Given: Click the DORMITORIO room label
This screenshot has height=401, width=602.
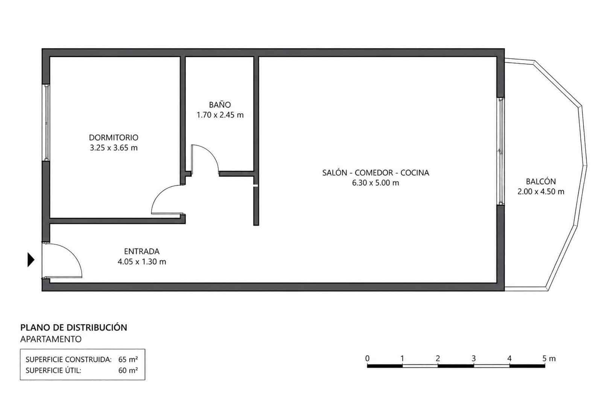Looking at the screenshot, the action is coord(114,138).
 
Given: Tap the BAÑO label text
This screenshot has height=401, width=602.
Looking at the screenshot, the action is coord(220,104).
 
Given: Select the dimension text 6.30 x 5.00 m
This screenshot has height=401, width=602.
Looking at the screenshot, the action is coord(375,183).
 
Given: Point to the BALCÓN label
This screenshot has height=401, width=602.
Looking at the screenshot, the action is coord(541,181).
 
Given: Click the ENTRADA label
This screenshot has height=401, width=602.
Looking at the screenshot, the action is coord(141,251).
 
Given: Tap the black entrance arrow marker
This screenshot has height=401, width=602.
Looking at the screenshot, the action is coord(31,260).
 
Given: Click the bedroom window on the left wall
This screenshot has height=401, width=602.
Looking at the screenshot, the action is coord(47,123).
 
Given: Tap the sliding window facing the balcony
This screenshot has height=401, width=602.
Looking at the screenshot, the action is coord(500,151).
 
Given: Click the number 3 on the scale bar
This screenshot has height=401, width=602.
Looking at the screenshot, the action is coord(474,358).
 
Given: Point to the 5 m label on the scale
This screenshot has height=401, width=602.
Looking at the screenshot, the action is coord(549,358).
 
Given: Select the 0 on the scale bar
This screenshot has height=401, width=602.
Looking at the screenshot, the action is coord(367,358).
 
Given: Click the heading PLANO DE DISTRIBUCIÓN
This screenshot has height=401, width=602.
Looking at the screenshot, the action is coord(74,327).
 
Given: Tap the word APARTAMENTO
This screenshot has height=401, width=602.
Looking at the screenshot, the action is coord(51,339).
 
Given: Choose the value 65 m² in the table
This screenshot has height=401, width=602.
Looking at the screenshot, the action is coord(128,359).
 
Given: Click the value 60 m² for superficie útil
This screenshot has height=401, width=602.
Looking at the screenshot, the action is coord(128,371).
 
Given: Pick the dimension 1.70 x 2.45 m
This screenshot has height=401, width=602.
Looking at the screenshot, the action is coord(220,115).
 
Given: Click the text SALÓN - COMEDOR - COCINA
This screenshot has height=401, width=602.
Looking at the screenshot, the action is coord(375,173).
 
